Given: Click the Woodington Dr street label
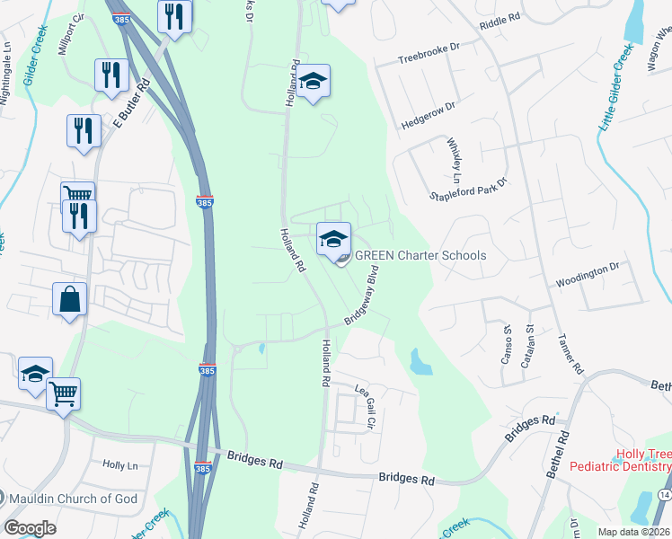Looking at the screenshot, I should pos(588,267).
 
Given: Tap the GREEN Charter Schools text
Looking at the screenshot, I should pos(420,255).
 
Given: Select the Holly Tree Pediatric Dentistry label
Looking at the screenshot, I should pos(641,461).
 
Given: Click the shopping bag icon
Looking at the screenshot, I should pos(70,299).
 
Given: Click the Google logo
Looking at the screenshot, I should pos(31,527).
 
